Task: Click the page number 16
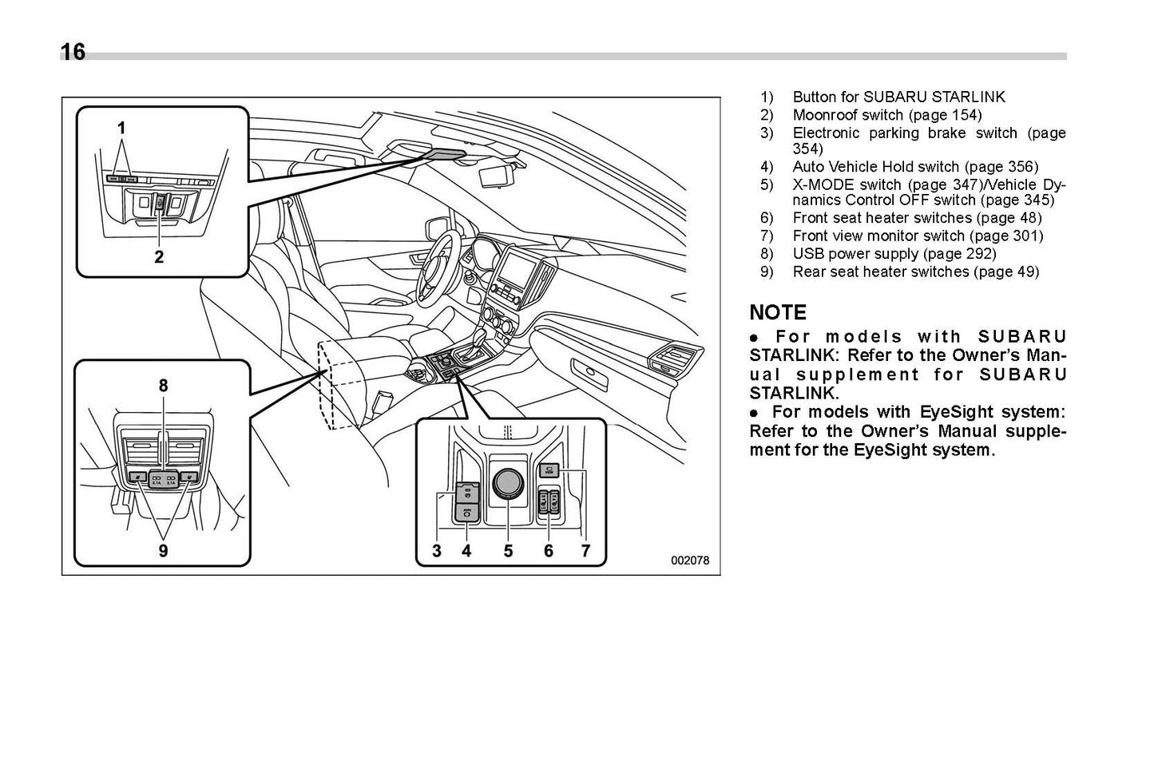(x=73, y=53)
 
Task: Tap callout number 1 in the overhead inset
(x=121, y=128)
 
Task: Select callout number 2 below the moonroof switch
(x=159, y=256)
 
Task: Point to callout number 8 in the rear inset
(x=163, y=386)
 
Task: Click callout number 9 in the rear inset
(x=163, y=550)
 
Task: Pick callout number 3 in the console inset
(x=437, y=550)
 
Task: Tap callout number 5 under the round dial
(x=508, y=550)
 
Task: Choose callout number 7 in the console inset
(x=585, y=550)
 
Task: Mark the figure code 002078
(x=690, y=561)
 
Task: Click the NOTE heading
(x=778, y=312)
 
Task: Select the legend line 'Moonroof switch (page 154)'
(x=886, y=114)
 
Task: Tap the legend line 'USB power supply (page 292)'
(x=894, y=253)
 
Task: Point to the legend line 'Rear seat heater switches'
(x=915, y=272)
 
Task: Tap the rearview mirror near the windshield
(x=497, y=175)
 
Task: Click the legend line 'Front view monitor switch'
(x=917, y=236)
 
